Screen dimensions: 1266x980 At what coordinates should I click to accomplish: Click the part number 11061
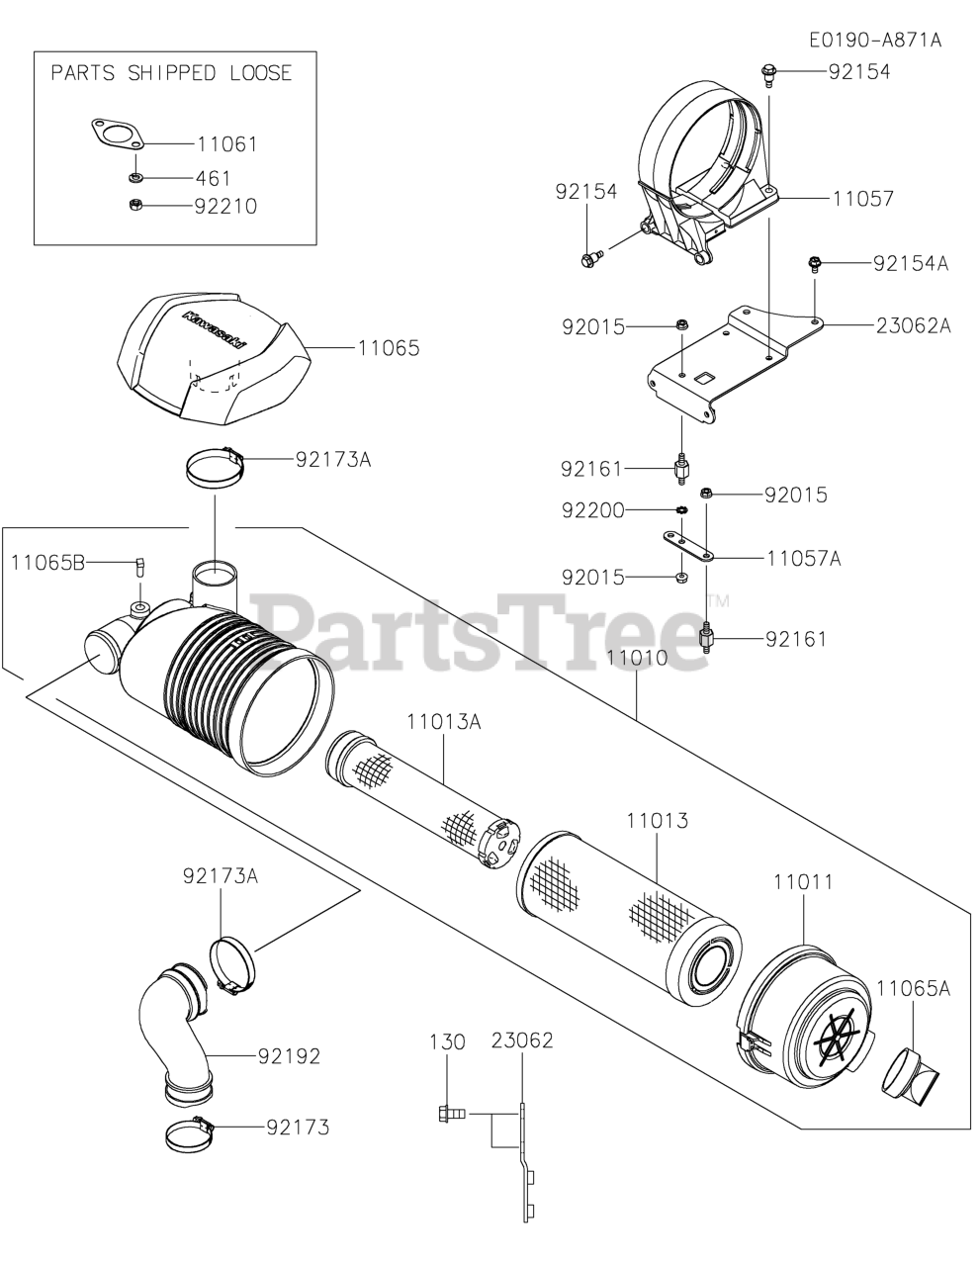(x=226, y=144)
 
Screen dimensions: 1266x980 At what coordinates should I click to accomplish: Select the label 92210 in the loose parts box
(x=226, y=206)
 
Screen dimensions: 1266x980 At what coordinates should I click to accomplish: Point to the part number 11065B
(x=47, y=563)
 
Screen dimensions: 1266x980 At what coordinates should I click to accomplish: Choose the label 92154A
(x=911, y=263)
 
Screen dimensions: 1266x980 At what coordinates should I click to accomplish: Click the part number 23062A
(x=913, y=324)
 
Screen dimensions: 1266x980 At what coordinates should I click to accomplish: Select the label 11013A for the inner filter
(x=441, y=722)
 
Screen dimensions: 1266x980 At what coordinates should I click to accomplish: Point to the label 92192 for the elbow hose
(x=289, y=1056)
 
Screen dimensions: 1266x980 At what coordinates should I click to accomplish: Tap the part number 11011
(x=802, y=880)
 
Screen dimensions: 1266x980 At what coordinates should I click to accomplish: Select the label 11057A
(x=803, y=559)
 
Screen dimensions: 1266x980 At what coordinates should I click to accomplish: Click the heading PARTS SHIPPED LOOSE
(x=171, y=73)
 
